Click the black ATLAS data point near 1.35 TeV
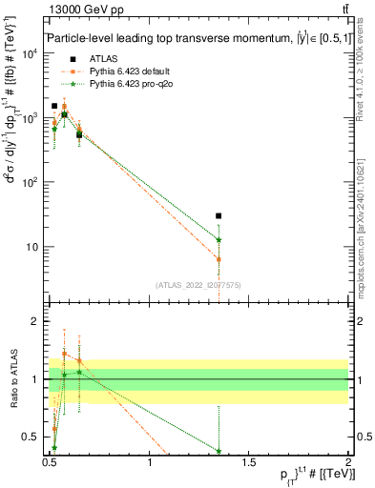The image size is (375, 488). pyautogui.click(x=219, y=216)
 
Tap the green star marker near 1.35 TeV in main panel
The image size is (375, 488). pyautogui.click(x=219, y=239)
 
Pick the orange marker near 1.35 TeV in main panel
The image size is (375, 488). pyautogui.click(x=219, y=259)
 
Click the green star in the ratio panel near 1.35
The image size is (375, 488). pyautogui.click(x=219, y=451)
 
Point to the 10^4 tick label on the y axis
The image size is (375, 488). pyautogui.click(x=29, y=53)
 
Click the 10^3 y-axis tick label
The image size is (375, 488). pyautogui.click(x=29, y=118)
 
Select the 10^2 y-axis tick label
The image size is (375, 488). pyautogui.click(x=29, y=183)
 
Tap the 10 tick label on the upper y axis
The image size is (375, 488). pyautogui.click(x=31, y=248)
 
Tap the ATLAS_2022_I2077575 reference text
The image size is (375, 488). pyautogui.click(x=197, y=284)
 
